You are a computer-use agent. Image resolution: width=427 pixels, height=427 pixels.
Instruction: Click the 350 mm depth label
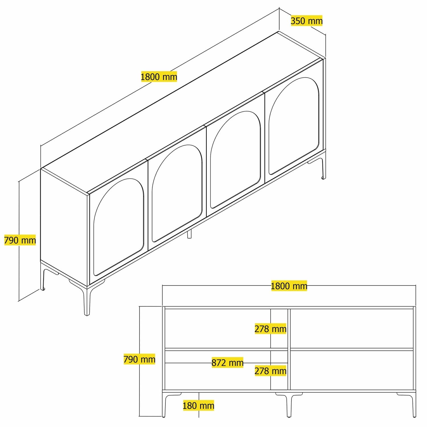(307, 21)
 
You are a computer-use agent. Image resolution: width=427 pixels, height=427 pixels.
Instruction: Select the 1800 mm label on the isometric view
(159, 77)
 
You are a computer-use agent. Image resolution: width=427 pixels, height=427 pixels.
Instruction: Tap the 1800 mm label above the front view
(289, 286)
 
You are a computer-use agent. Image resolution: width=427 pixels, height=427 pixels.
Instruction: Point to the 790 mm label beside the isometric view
(20, 240)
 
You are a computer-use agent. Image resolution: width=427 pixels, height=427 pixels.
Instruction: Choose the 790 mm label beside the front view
(139, 359)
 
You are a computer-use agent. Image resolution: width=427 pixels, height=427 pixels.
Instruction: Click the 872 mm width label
(227, 363)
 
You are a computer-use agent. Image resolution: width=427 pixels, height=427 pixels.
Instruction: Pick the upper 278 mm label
(270, 329)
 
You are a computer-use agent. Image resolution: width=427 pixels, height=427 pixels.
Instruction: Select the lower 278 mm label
(270, 371)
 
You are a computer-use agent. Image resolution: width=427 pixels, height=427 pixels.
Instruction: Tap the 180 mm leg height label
(198, 405)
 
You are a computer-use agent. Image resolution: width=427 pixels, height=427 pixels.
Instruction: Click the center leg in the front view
(289, 404)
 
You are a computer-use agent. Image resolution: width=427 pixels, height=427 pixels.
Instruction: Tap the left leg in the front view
(164, 404)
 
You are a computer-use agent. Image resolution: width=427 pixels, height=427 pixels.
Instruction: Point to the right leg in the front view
(414, 404)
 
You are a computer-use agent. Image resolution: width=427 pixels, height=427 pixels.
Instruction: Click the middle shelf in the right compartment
(352, 349)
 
